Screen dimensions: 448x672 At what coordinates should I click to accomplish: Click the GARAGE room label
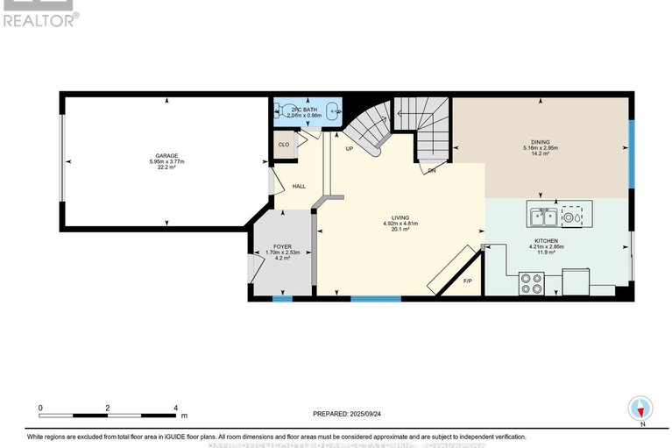click(166, 155)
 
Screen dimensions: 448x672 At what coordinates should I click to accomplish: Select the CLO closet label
click(283, 145)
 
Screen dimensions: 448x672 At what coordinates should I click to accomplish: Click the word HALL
click(299, 187)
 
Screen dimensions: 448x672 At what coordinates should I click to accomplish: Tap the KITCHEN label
click(548, 240)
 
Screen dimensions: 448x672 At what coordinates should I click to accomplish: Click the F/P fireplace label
click(467, 281)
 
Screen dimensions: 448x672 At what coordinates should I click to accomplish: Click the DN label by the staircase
click(432, 171)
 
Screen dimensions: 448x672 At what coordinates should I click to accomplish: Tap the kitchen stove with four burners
click(531, 282)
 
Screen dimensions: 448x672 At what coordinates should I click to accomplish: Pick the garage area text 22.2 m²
click(166, 168)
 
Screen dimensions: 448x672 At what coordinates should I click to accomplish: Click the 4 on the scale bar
click(176, 408)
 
